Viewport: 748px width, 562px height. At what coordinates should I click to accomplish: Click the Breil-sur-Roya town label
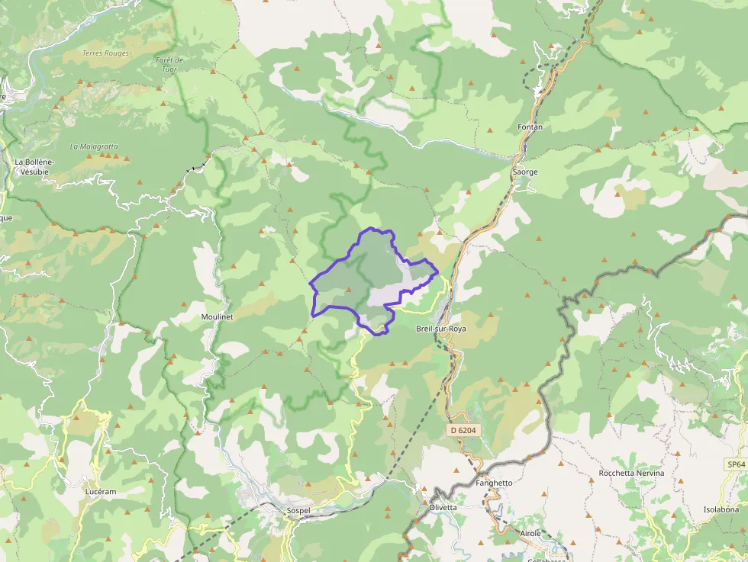[x=440, y=329]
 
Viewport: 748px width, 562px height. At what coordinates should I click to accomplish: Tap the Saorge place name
[x=525, y=172]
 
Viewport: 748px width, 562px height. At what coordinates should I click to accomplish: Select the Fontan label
[x=530, y=127]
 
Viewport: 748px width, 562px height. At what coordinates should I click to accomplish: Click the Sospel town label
[x=298, y=510]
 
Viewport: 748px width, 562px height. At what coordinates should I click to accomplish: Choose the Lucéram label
[x=101, y=492]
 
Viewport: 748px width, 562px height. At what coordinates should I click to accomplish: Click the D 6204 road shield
[x=463, y=430]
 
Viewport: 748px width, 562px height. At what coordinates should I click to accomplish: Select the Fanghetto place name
[x=494, y=483]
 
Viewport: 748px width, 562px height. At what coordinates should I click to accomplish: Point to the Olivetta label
[x=443, y=508]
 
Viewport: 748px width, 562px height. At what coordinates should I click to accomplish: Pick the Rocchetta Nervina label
[x=632, y=474]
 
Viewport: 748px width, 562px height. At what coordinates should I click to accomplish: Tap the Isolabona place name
[x=721, y=509]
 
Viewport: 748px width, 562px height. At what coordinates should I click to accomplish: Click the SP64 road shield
[x=735, y=464]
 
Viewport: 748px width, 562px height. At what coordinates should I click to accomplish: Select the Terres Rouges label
[x=105, y=53]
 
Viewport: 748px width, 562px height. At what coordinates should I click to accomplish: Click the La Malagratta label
[x=94, y=146]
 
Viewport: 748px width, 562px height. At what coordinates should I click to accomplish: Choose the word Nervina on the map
[x=649, y=474]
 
